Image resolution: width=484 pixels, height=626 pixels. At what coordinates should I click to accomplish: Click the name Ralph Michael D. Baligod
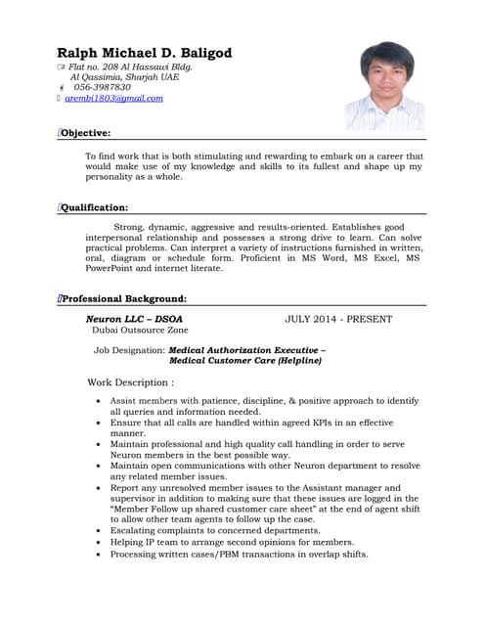click(x=144, y=53)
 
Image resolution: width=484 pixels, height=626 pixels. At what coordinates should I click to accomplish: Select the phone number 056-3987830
click(x=102, y=87)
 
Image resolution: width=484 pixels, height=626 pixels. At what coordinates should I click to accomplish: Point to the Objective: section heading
click(x=86, y=133)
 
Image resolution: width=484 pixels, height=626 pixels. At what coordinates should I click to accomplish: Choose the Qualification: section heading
click(x=95, y=207)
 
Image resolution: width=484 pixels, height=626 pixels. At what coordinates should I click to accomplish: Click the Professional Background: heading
click(x=124, y=298)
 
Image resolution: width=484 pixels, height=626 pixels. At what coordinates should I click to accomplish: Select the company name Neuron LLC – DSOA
click(x=134, y=319)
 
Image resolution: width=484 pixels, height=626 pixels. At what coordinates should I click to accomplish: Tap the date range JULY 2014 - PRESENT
click(x=338, y=319)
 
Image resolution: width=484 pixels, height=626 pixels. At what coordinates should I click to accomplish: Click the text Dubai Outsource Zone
click(x=139, y=332)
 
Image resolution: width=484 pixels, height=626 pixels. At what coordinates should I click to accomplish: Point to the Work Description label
click(x=131, y=381)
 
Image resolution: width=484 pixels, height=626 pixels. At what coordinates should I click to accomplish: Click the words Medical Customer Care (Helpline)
click(x=245, y=360)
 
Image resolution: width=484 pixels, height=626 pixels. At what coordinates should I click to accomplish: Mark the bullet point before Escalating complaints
click(x=99, y=530)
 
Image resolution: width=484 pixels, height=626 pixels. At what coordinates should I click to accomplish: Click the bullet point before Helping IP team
click(x=99, y=542)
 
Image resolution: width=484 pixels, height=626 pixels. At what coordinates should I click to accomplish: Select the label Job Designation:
click(x=130, y=348)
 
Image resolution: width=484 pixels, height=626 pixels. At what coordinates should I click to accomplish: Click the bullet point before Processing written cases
click(x=99, y=555)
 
